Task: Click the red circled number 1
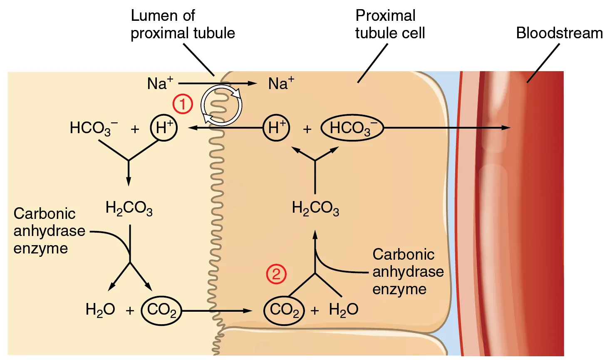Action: (x=183, y=104)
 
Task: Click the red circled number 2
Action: (x=276, y=274)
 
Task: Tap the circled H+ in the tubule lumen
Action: (x=164, y=128)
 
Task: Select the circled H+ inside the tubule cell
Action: (x=277, y=128)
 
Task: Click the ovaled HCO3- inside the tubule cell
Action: (x=352, y=128)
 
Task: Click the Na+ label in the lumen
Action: (x=160, y=84)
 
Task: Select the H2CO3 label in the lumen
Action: (x=129, y=208)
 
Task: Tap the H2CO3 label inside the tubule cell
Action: (x=315, y=208)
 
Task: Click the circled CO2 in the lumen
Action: (x=161, y=310)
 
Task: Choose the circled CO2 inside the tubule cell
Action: (x=284, y=310)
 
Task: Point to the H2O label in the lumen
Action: (x=100, y=310)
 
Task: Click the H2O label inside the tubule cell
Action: (x=343, y=310)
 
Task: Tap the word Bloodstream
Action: (x=559, y=33)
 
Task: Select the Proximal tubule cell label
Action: (x=390, y=24)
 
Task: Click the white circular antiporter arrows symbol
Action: (x=221, y=105)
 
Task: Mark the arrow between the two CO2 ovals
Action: (x=216, y=310)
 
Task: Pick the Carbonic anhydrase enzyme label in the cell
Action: (x=408, y=271)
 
